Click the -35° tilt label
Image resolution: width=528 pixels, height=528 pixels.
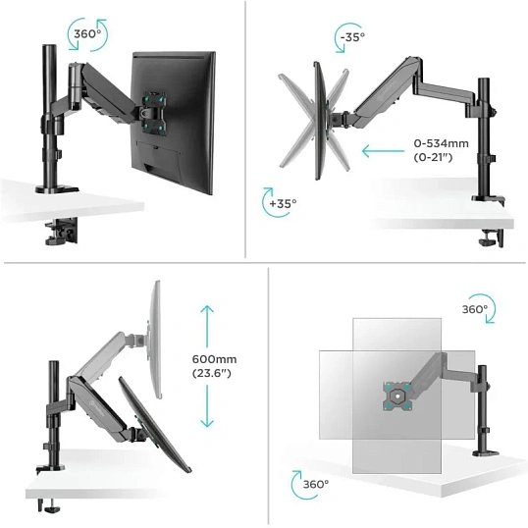point(352,36)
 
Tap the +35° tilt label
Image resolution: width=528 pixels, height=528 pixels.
point(283,203)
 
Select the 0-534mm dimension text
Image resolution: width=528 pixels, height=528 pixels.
point(441,143)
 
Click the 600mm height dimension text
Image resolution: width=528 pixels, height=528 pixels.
point(214,359)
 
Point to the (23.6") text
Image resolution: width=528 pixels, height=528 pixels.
point(212,373)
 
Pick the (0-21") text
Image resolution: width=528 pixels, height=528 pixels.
point(433,157)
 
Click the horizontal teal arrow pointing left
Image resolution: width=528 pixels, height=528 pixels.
point(383,151)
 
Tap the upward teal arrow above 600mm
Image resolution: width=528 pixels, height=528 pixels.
point(207,326)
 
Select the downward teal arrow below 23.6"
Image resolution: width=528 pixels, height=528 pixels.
point(207,406)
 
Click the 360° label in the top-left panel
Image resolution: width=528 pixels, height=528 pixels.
point(87,34)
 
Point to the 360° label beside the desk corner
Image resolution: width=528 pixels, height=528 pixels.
point(315,484)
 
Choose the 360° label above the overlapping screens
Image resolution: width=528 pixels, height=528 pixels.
point(475,309)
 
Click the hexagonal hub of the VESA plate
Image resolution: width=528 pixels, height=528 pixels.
point(397,396)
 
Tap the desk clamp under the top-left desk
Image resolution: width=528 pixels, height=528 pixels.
point(61,232)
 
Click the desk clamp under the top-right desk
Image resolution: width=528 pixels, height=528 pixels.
point(492,238)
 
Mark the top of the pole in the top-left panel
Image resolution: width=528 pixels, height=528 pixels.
point(49,46)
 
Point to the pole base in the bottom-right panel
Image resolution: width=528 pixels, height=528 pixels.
point(486,452)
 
